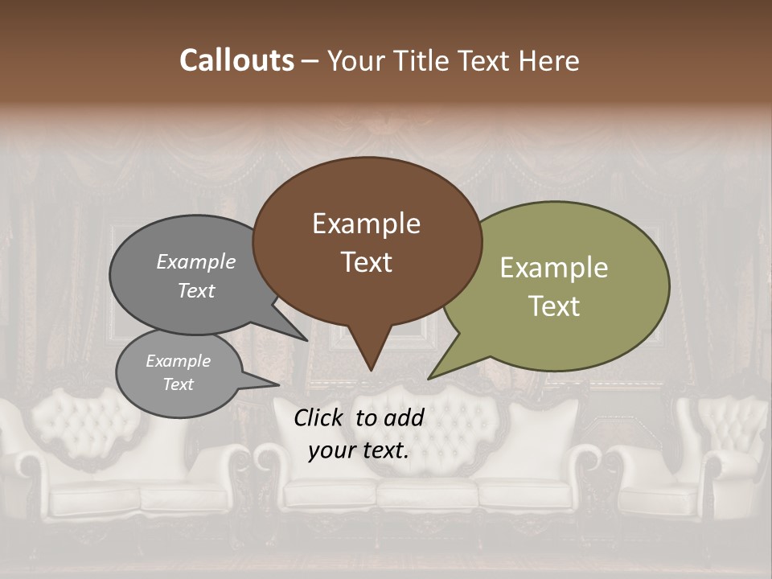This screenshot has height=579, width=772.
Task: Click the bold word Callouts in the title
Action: coord(236,60)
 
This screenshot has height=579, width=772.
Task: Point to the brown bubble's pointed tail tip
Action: coord(371,370)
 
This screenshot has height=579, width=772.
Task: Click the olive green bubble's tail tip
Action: coord(429,378)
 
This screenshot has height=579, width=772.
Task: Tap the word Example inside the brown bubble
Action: coord(366,224)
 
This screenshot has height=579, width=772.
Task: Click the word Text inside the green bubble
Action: coord(555,306)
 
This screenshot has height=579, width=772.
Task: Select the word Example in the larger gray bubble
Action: coord(195,261)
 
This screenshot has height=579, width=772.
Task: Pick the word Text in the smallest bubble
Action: coord(178,384)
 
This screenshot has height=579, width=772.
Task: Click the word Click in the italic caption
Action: coord(319,417)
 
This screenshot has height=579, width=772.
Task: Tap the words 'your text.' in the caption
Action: coord(359,450)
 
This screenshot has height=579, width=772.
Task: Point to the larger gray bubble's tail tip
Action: coord(307,340)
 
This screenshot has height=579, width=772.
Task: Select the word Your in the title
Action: coord(353,60)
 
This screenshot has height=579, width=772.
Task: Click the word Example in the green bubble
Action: coord(554,268)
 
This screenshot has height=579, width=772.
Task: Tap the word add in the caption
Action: coord(404,417)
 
